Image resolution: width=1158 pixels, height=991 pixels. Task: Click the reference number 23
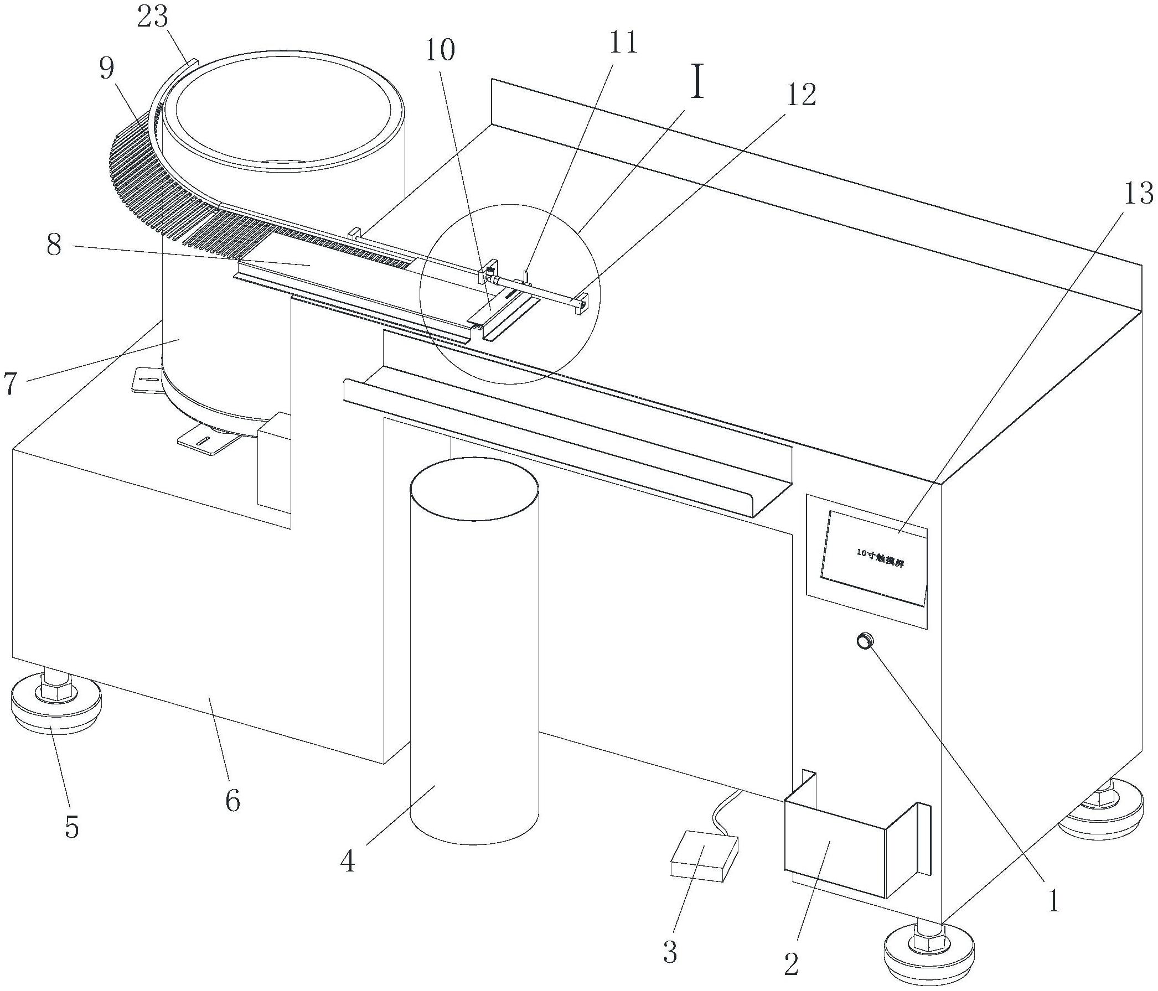(x=152, y=18)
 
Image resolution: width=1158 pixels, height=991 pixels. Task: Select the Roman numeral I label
(x=697, y=84)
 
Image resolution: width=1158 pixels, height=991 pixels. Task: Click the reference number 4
(x=348, y=862)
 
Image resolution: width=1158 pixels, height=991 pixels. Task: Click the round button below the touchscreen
(x=865, y=641)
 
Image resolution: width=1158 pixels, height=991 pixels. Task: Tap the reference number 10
(x=440, y=49)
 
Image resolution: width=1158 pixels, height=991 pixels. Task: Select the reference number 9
(x=106, y=69)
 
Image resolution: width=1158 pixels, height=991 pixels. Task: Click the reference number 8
(x=54, y=245)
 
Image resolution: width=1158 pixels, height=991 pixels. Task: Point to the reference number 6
(x=232, y=801)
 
